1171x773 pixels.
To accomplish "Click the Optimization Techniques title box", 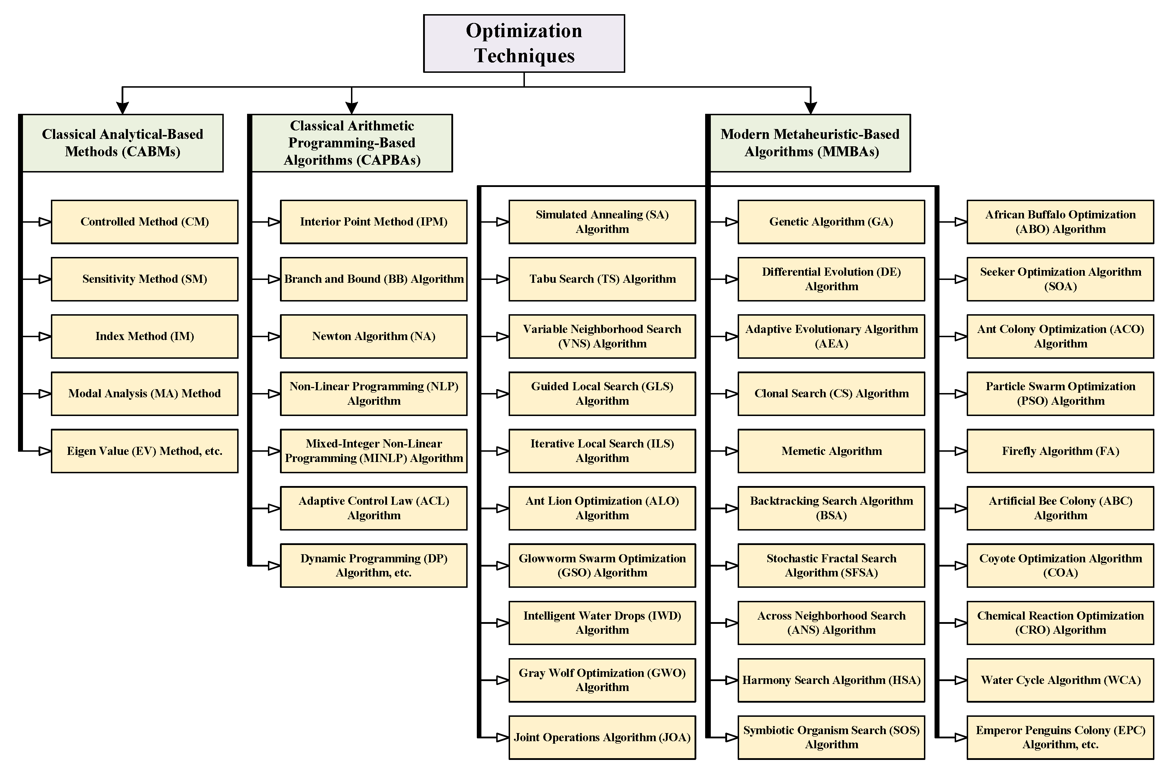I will pos(523,43).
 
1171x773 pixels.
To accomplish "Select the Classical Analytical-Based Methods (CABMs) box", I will pos(122,143).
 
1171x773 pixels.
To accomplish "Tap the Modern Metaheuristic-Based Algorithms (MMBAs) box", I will pos(809,143).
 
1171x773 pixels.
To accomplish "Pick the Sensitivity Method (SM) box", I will pos(145,279).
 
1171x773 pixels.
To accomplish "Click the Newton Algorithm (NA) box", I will pos(373,336).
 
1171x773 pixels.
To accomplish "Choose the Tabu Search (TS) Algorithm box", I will pos(602,279).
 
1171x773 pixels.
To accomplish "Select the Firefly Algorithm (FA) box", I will pos(1060,451).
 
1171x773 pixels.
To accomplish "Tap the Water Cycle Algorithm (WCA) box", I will pos(1060,680).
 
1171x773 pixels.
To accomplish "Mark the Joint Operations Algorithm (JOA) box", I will pos(602,738).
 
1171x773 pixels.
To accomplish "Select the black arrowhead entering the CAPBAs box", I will pos(351,107).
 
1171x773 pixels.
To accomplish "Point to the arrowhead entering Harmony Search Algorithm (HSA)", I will pos(731,680).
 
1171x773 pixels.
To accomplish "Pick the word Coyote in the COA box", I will pos(996,558).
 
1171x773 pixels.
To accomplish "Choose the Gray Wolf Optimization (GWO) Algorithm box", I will pos(602,680).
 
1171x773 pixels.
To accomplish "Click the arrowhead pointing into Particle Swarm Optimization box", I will pos(961,394).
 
